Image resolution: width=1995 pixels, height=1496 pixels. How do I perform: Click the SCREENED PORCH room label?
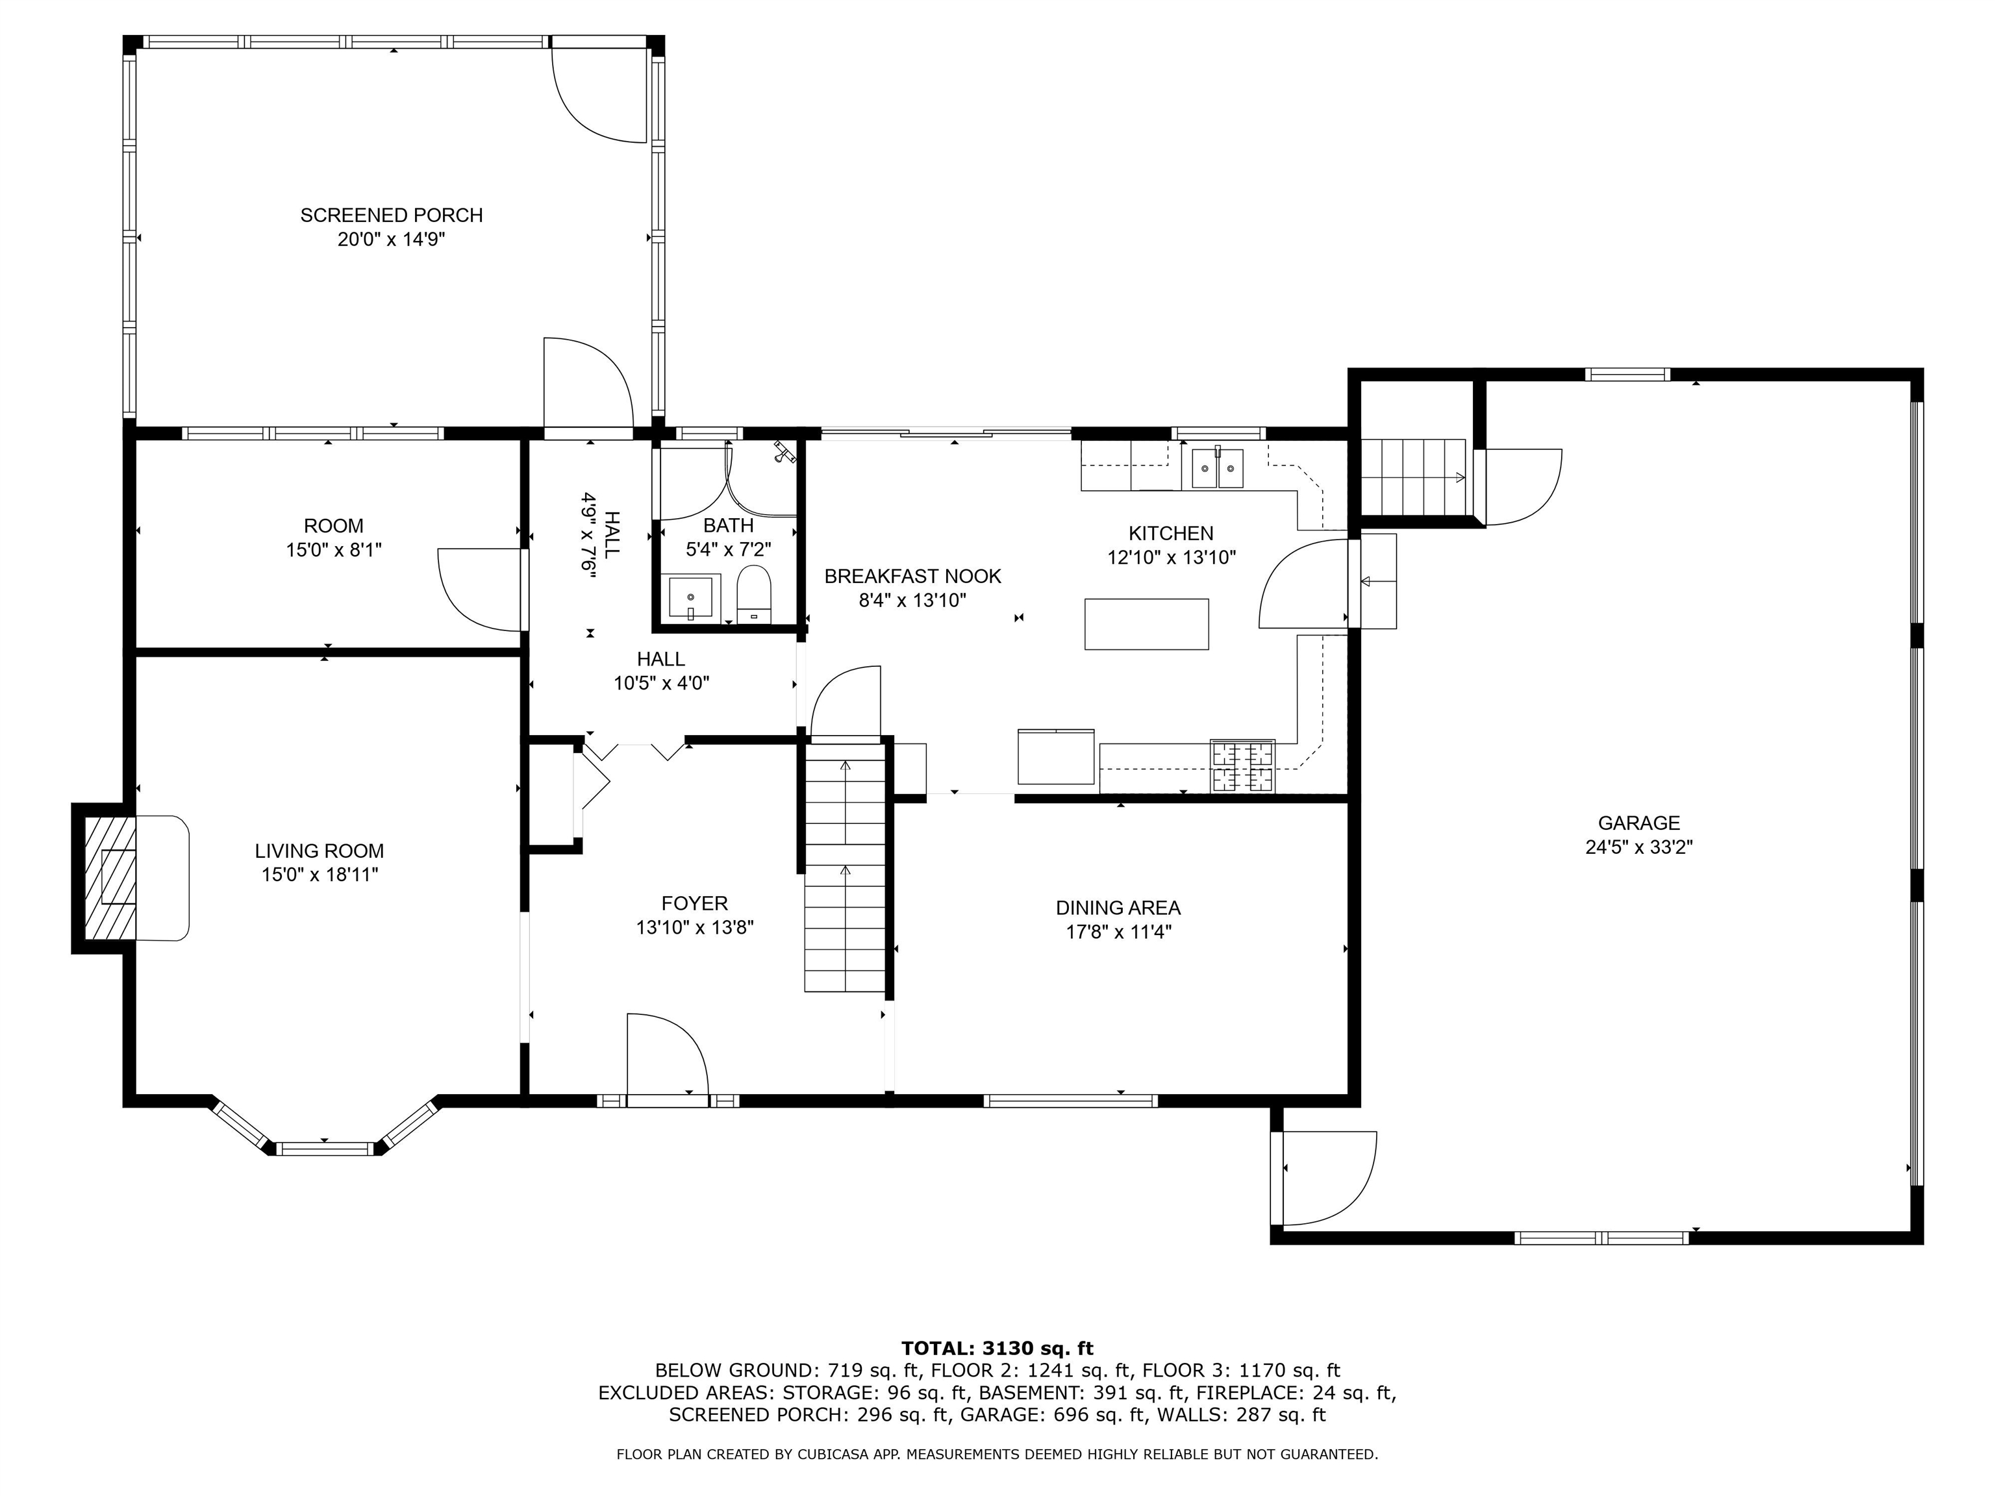pyautogui.click(x=392, y=215)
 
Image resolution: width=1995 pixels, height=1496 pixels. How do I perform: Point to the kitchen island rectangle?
pyautogui.click(x=1146, y=624)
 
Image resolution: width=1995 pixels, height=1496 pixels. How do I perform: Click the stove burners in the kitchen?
pyautogui.click(x=1243, y=766)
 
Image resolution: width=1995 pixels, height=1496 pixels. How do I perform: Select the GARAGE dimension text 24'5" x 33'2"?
pyautogui.click(x=1638, y=847)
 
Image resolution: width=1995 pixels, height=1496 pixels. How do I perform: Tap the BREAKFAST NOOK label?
pyautogui.click(x=912, y=575)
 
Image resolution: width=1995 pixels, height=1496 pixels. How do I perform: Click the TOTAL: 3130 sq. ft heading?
pyautogui.click(x=997, y=1348)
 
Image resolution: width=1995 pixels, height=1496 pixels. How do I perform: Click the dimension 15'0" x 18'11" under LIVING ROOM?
pyautogui.click(x=320, y=874)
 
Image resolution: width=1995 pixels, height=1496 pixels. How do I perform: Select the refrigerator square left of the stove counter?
pyautogui.click(x=1055, y=756)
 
